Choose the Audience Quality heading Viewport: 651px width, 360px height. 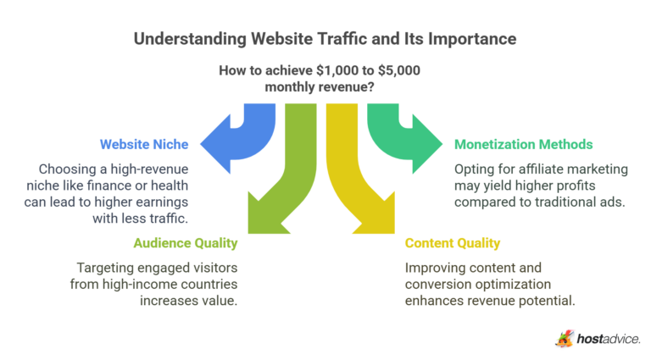(185, 243)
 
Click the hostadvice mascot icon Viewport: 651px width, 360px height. (565, 338)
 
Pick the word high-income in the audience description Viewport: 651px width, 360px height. (137, 284)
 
